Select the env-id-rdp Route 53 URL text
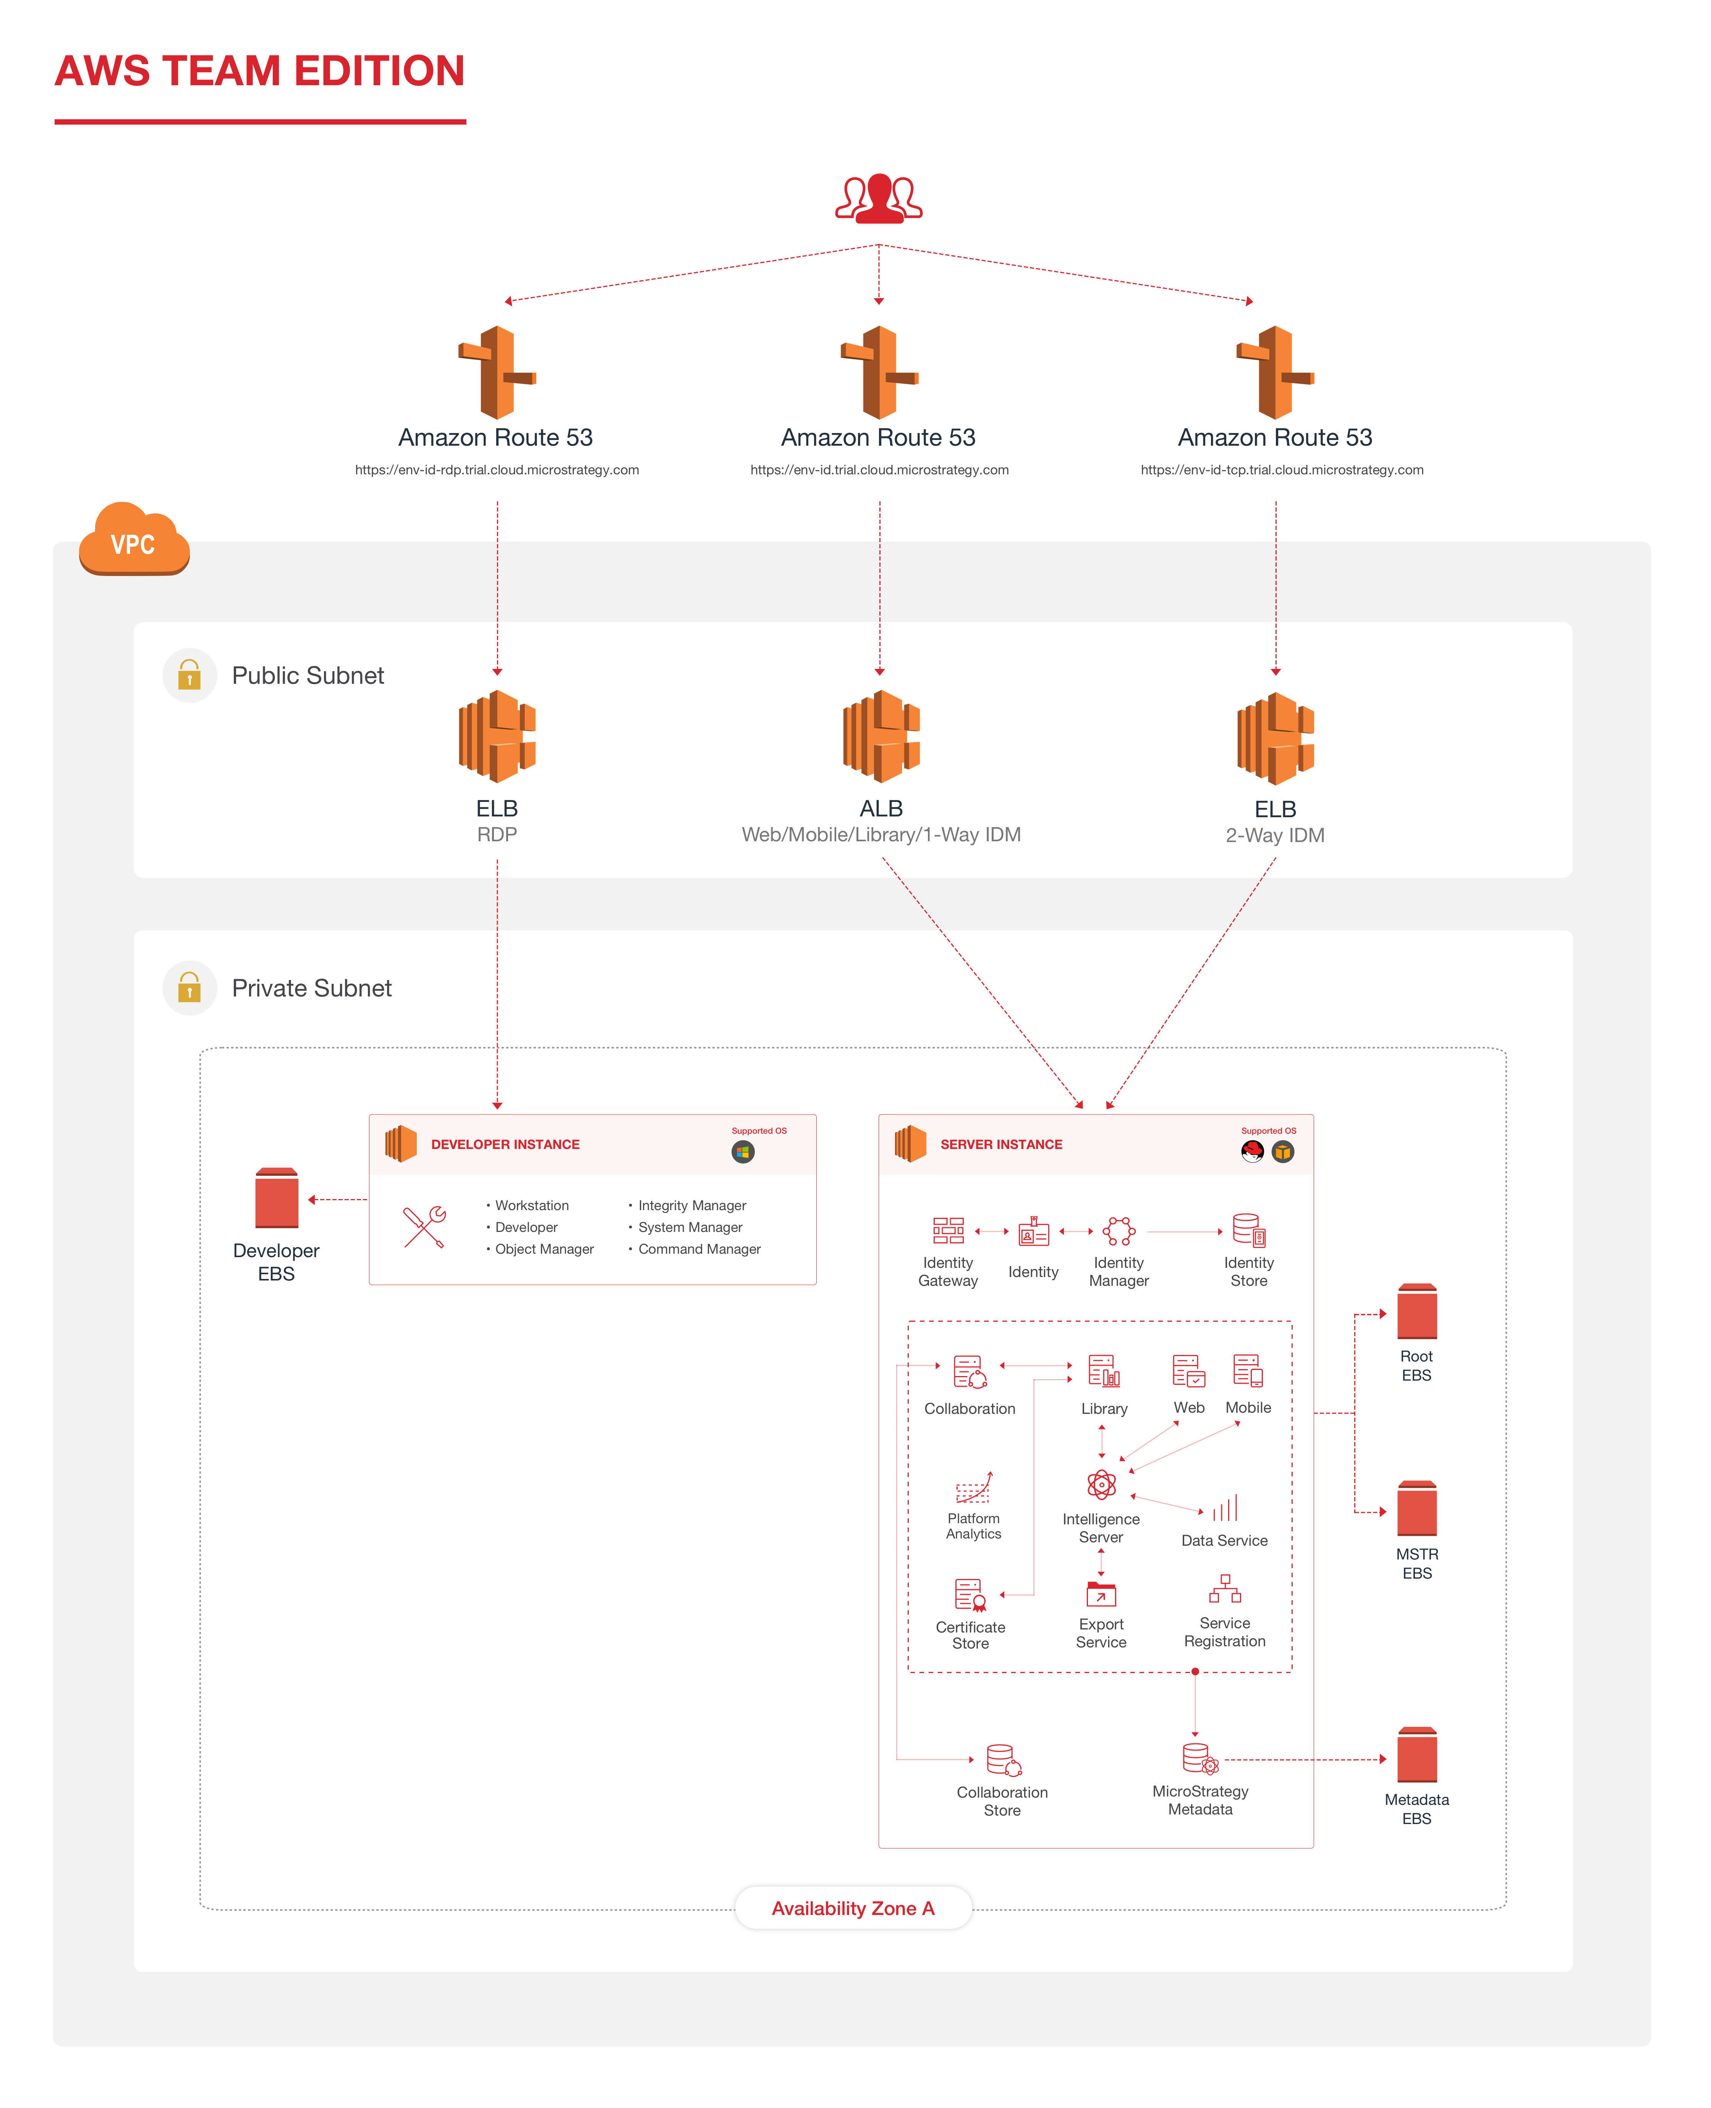pyautogui.click(x=497, y=470)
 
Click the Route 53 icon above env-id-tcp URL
pyautogui.click(x=1276, y=373)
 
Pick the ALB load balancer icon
pyautogui.click(x=881, y=737)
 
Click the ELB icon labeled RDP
pyautogui.click(x=497, y=737)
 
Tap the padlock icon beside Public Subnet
pyautogui.click(x=189, y=675)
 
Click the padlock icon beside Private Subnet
pyautogui.click(x=189, y=988)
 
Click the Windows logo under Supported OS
pyautogui.click(x=743, y=1152)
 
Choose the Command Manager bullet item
pyautogui.click(x=699, y=1249)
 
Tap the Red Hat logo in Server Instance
pyautogui.click(x=1252, y=1152)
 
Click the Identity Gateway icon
pyautogui.click(x=948, y=1230)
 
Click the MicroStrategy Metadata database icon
pyautogui.click(x=1199, y=1759)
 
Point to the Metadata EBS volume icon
pyautogui.click(x=1416, y=1755)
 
